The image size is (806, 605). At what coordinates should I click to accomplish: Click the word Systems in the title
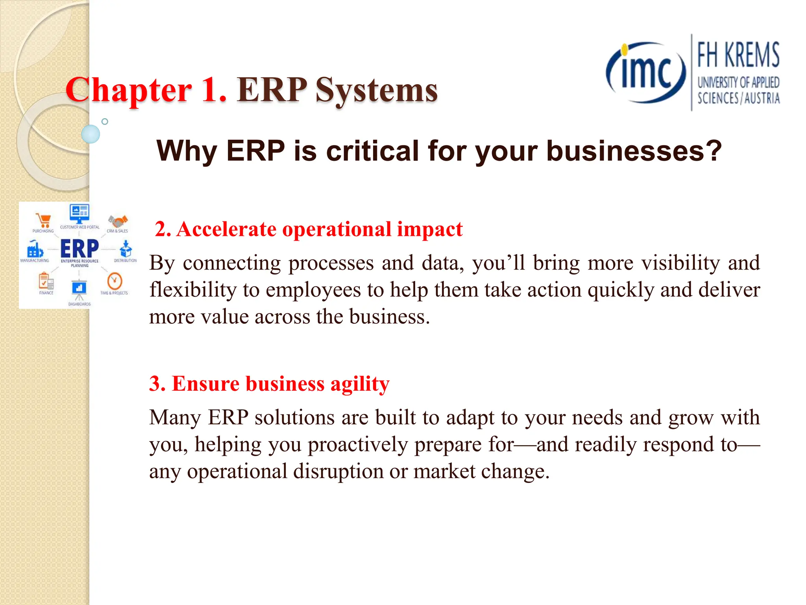point(376,91)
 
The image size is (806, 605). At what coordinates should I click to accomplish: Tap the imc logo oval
point(645,73)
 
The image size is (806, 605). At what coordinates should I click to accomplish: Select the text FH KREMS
point(738,55)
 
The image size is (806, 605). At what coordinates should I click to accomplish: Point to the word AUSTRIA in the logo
point(762,98)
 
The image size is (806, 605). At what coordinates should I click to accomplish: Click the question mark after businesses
point(714,151)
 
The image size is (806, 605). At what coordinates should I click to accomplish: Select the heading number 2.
point(163,229)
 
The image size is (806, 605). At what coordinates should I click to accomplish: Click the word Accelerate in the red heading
point(226,229)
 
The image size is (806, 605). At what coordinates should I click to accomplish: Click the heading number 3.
point(157,384)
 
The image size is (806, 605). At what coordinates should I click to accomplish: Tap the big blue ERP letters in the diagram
point(79,249)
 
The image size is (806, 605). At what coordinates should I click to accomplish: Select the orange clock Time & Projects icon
point(115,281)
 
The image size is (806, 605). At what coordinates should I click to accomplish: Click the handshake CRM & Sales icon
point(118,221)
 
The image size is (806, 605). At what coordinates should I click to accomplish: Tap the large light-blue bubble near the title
point(91,134)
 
